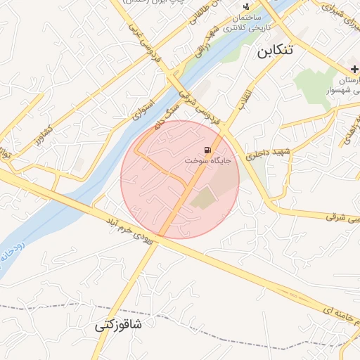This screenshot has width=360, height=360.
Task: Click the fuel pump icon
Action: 208,150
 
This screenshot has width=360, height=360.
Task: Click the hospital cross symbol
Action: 354,69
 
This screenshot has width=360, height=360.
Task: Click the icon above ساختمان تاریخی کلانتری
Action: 246,6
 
